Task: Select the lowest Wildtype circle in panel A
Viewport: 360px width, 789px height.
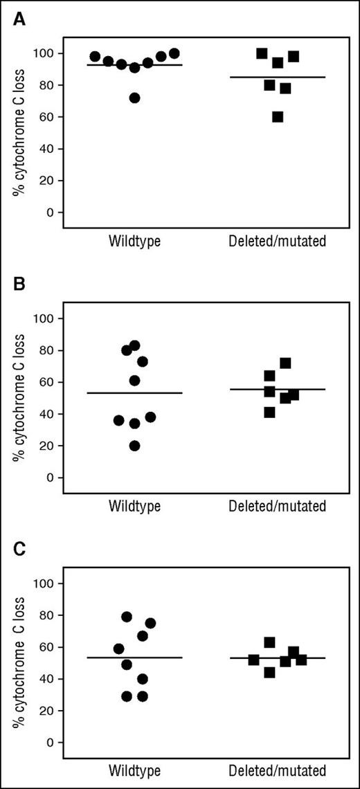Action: pyautogui.click(x=134, y=98)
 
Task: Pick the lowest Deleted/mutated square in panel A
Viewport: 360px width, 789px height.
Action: pyautogui.click(x=278, y=117)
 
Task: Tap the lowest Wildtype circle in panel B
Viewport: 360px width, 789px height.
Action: pyautogui.click(x=134, y=446)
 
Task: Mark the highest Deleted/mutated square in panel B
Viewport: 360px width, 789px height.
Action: pyautogui.click(x=285, y=363)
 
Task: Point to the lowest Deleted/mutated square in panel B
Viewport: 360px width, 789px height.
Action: pyautogui.click(x=269, y=412)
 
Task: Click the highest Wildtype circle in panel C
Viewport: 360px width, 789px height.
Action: pyautogui.click(x=127, y=617)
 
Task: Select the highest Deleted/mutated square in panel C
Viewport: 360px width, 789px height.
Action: pyautogui.click(x=269, y=642)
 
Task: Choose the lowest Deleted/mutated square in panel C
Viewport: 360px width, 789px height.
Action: pyautogui.click(x=269, y=672)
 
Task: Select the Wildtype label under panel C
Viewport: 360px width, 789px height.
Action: pyautogui.click(x=134, y=771)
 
